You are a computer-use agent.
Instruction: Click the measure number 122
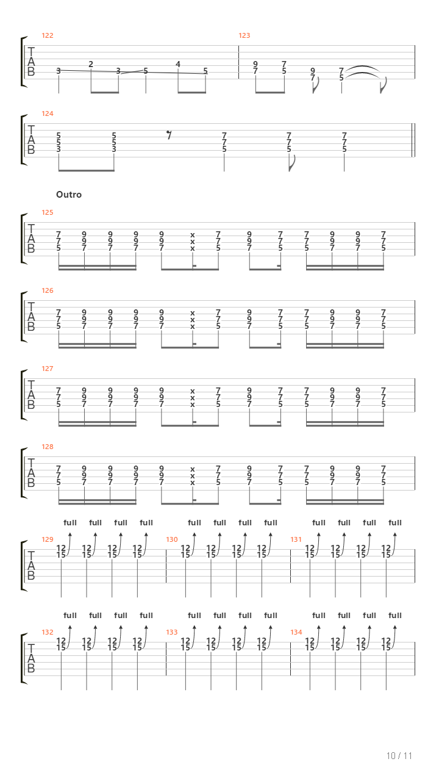[48, 35]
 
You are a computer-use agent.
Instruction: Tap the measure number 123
[244, 35]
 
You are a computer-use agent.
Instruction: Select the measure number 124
[48, 113]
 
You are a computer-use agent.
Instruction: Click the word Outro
[69, 195]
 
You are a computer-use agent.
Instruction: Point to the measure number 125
[48, 212]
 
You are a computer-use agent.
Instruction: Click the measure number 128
[48, 447]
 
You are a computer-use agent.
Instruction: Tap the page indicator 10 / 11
[399, 755]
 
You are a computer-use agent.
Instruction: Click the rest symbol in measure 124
[169, 135]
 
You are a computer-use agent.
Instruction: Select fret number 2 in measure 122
[91, 64]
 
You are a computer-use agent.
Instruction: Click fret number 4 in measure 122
[178, 64]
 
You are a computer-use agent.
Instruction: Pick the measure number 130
[172, 539]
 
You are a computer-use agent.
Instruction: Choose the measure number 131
[296, 539]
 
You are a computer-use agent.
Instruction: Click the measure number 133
[172, 632]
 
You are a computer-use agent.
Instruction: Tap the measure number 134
[296, 632]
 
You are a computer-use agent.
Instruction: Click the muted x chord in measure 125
[192, 242]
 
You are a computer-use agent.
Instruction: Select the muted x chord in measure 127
[192, 398]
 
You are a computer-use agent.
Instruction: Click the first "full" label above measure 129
[70, 523]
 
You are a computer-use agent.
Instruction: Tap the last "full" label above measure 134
[395, 616]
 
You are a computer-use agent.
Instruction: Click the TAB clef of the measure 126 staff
[31, 317]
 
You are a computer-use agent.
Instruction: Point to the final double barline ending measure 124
[413, 140]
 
